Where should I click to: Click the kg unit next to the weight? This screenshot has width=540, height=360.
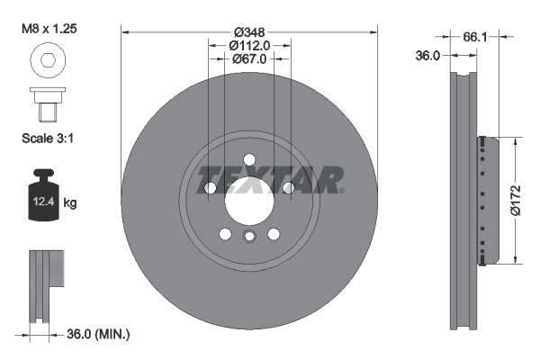pyautogui.click(x=70, y=203)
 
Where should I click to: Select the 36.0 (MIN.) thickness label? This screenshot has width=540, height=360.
pyautogui.click(x=99, y=334)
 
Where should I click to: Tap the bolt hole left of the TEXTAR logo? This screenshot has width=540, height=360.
pyautogui.click(x=210, y=187)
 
